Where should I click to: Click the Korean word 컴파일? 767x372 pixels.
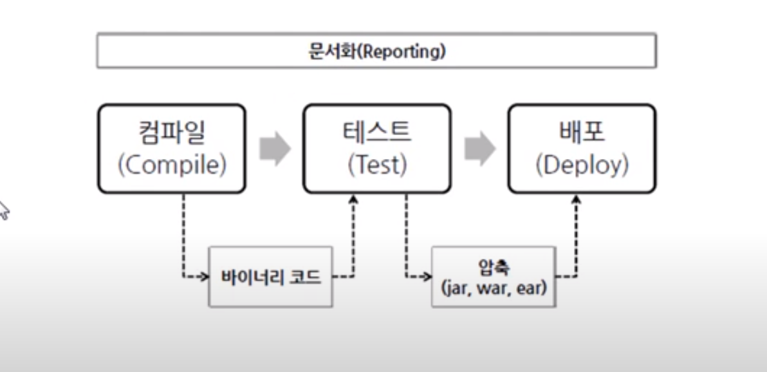[x=172, y=133]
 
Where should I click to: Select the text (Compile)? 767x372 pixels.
[x=172, y=165]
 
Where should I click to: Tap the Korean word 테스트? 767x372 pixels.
[x=377, y=133]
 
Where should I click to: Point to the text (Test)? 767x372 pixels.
[x=377, y=165]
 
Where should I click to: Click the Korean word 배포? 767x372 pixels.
[x=582, y=133]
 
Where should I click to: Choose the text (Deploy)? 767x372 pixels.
[x=582, y=165]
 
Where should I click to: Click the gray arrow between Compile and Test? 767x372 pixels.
[x=275, y=149]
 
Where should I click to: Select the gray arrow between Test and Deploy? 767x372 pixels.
[x=480, y=149]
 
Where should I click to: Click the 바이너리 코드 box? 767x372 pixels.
[x=270, y=277]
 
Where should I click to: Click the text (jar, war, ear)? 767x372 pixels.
[x=494, y=286]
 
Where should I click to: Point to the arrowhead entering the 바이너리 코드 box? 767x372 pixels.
[x=205, y=277]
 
